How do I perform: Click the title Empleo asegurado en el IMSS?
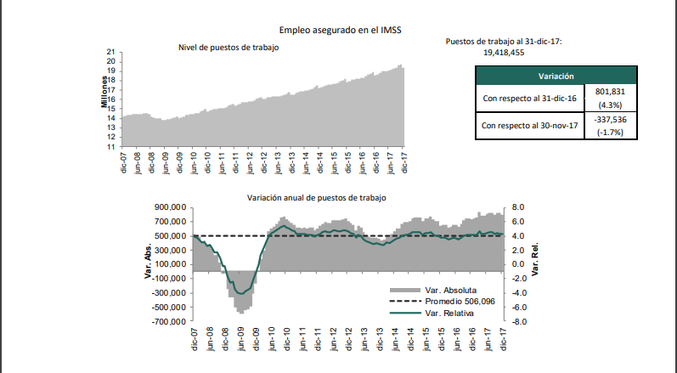339,31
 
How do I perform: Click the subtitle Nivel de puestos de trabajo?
228,48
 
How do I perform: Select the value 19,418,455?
503,53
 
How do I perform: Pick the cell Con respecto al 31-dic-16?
530,99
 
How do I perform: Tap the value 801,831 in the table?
611,92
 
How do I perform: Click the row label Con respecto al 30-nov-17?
530,127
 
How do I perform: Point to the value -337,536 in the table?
611,120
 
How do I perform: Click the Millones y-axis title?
104,92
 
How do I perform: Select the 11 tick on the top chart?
110,146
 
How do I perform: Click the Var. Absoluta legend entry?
449,290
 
